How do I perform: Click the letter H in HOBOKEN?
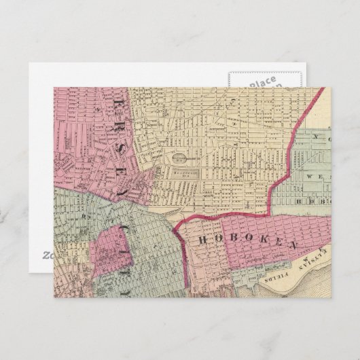pyautogui.click(x=201, y=239)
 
